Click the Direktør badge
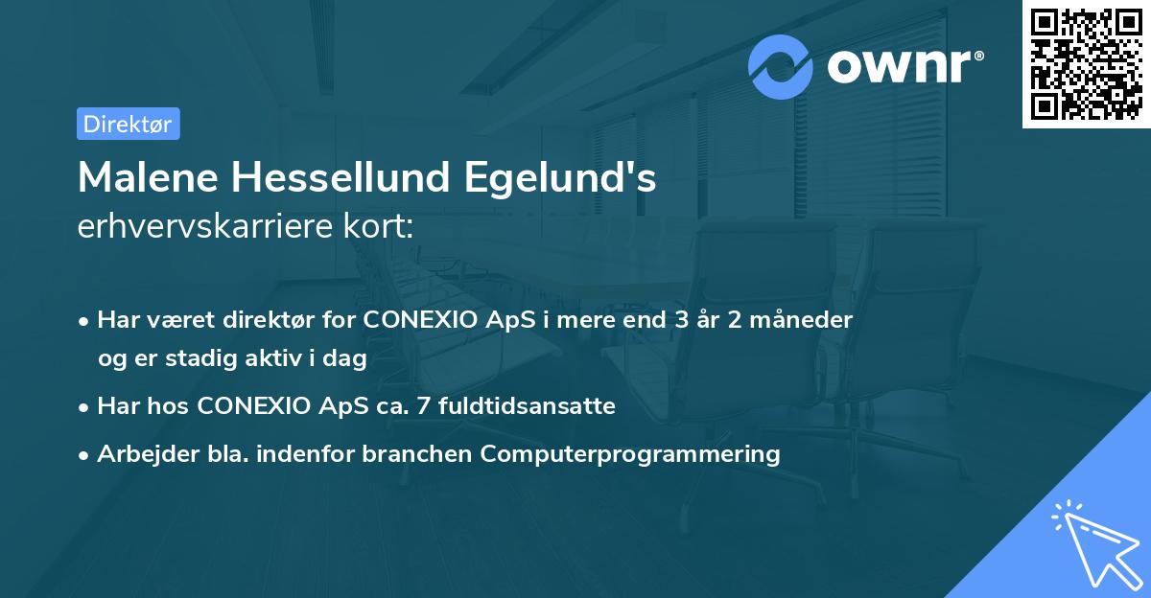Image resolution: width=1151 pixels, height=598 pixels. pos(128,124)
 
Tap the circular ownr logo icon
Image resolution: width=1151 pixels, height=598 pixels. pos(781,67)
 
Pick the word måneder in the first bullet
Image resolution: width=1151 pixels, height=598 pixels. pos(803,320)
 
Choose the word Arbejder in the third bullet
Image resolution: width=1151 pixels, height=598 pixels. pos(142,454)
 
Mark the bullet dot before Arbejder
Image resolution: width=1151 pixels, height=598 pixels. pos(84,455)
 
